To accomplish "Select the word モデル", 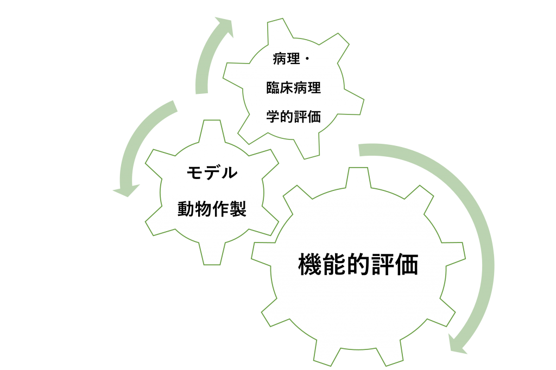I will (x=212, y=174).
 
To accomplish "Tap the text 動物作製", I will (x=212, y=209).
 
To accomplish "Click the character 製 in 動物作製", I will (x=238, y=209).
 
